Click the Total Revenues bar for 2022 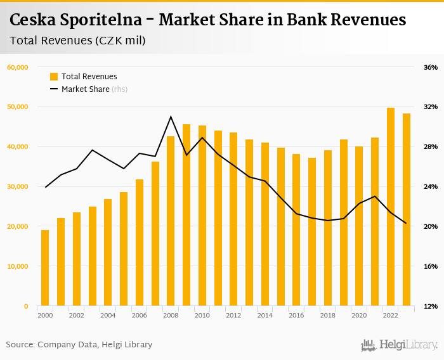click(391, 207)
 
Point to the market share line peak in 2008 click(171, 117)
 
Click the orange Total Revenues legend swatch click(54, 77)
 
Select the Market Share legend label click(85, 89)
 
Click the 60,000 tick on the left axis click(17, 67)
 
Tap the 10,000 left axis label click(17, 266)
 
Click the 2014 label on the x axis click(265, 315)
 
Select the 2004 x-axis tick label click(108, 315)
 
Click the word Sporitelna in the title click(96, 20)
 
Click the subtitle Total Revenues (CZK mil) click(78, 41)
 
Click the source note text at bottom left click(79, 345)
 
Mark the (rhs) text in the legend click(120, 89)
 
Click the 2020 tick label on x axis click(359, 315)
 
